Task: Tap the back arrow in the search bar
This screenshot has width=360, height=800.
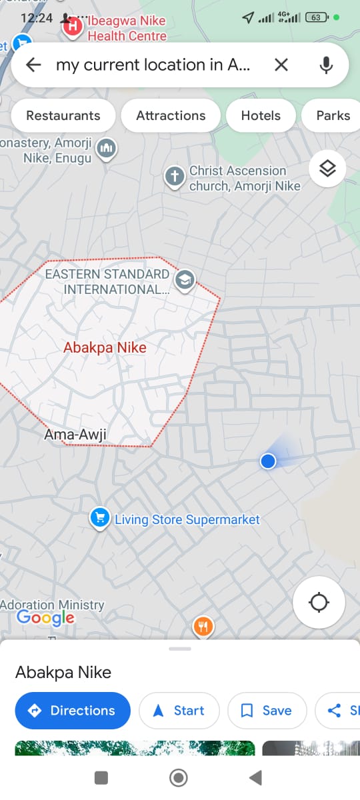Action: pos(33,65)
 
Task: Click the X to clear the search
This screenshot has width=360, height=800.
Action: pos(281,65)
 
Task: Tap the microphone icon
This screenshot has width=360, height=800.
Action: pos(326,65)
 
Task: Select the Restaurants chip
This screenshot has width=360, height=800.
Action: pos(63,115)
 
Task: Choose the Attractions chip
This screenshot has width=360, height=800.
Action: pos(171,115)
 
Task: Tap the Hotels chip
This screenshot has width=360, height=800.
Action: pos(261,115)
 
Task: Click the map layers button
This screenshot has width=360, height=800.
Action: pos(327,169)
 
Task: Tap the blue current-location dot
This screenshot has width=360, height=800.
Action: pos(268,461)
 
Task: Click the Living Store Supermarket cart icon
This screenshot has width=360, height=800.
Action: pos(99,517)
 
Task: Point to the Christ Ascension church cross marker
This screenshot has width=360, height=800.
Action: pos(174,177)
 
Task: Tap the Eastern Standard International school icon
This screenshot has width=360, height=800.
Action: pos(184,280)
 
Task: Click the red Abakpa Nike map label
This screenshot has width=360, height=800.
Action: pos(105,347)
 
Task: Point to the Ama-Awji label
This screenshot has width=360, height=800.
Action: pos(75,435)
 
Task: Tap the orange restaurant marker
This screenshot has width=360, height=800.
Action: pos(203,627)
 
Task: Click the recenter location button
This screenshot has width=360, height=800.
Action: pos(319,603)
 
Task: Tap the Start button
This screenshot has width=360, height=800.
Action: pos(179,711)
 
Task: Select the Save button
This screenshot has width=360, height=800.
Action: pos(267,711)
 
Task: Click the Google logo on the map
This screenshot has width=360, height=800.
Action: pos(45,618)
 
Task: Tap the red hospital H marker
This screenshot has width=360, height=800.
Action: pos(73,27)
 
